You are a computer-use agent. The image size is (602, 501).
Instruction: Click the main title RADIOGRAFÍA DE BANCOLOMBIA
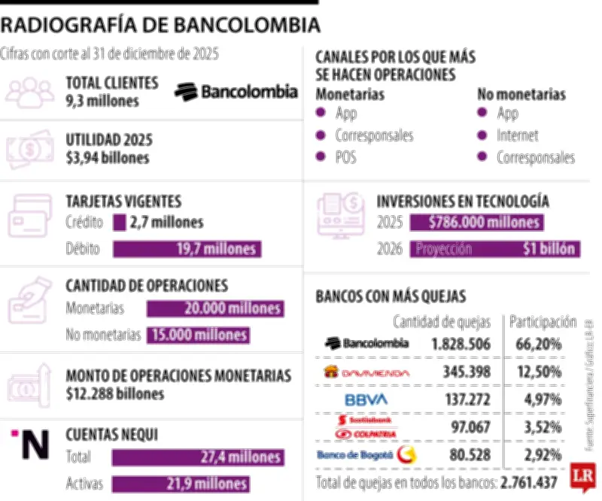pos(160,26)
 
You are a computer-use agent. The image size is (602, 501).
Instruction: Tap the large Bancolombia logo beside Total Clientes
pos(236,92)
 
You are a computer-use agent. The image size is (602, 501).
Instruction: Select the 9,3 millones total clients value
pos(102,101)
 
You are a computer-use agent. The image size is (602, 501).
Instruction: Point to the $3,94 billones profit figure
pos(108,157)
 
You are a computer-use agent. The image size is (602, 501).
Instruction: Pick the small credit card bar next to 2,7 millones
pos(119,223)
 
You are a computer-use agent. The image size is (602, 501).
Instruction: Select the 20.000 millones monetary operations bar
pos(214,308)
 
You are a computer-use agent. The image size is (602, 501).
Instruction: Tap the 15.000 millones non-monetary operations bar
pos(198,335)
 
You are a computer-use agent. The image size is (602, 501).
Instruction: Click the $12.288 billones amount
pos(115,393)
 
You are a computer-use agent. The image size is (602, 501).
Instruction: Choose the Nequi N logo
pos(32,445)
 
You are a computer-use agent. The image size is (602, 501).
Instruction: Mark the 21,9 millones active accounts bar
pos(181,484)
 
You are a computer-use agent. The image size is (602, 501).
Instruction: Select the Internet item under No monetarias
pos(517,135)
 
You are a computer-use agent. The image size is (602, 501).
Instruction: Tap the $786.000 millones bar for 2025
pos(476,223)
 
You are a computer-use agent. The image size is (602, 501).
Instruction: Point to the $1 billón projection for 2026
pos(549,249)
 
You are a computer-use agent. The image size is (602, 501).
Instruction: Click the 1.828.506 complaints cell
pos(461,344)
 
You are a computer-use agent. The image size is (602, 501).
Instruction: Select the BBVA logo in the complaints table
pos(366,399)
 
